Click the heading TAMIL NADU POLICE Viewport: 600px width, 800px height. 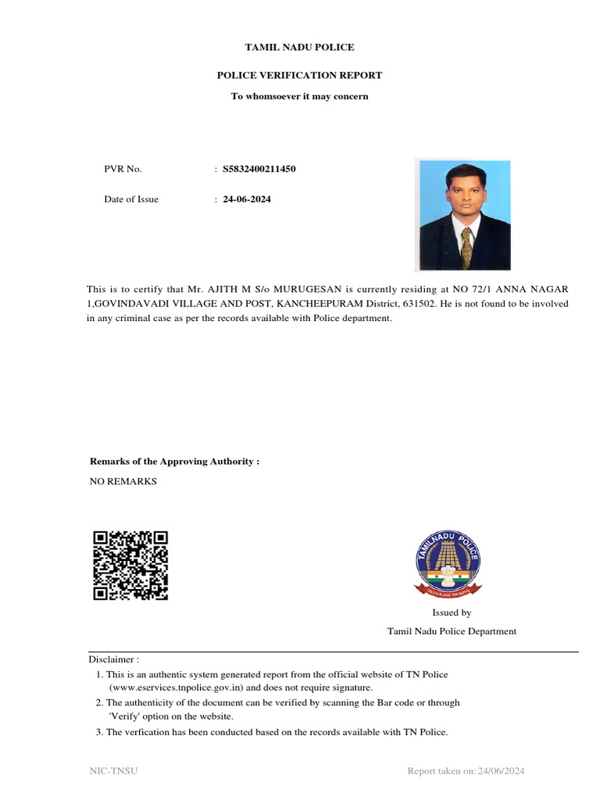coord(299,48)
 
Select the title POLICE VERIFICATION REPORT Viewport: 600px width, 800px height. coord(299,76)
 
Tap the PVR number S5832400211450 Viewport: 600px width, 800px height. coord(259,169)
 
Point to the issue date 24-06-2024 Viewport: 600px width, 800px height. coord(247,199)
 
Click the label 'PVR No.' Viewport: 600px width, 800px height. coord(123,169)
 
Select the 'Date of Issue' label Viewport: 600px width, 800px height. coord(131,199)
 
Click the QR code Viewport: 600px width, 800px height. coord(130,565)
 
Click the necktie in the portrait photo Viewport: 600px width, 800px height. coord(466,246)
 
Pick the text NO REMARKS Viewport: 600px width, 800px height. coord(123,481)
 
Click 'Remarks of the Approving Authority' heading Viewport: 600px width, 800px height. coord(174,462)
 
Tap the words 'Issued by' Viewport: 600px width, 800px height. coord(452,613)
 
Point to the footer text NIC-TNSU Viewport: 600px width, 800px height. coord(114,772)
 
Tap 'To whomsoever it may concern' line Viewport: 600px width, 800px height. coord(299,96)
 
